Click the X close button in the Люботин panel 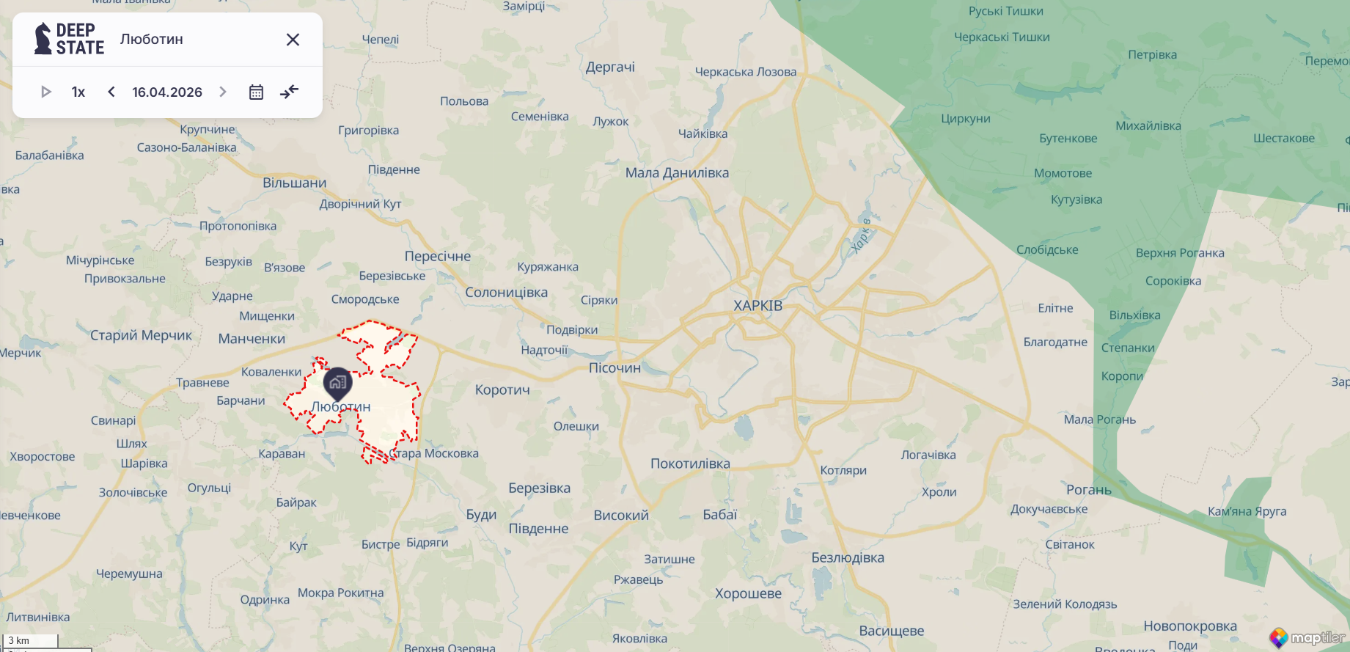click(x=293, y=40)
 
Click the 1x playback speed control click(x=78, y=92)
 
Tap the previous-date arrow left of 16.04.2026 click(x=111, y=92)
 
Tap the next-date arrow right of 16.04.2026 click(x=223, y=92)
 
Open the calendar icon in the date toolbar click(x=256, y=92)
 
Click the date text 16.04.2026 click(x=167, y=92)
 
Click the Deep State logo click(x=70, y=39)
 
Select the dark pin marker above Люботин click(x=337, y=382)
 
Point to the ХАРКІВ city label click(x=757, y=306)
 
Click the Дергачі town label click(x=610, y=67)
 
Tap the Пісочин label click(x=615, y=368)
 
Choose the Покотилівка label click(x=690, y=464)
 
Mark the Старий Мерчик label click(x=141, y=335)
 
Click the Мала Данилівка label click(x=677, y=173)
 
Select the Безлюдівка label click(x=848, y=557)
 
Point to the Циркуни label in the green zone click(x=965, y=119)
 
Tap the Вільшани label click(x=295, y=183)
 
